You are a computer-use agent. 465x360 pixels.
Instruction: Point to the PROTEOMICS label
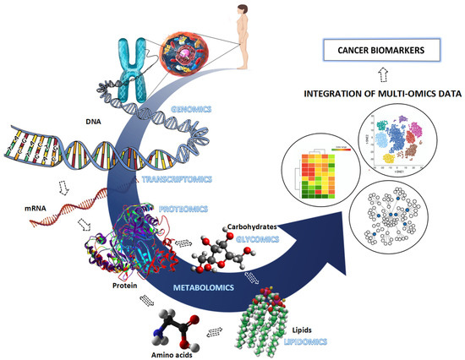point(184,207)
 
